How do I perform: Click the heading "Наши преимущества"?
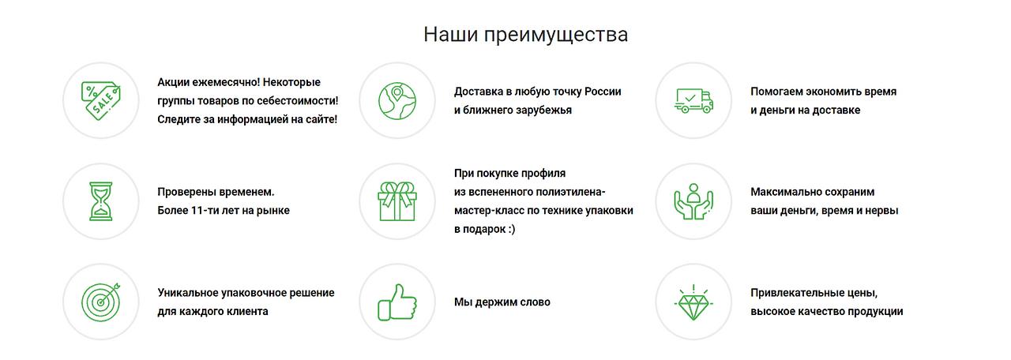pyautogui.click(x=525, y=35)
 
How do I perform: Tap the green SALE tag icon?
pyautogui.click(x=100, y=100)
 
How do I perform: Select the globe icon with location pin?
pyautogui.click(x=397, y=100)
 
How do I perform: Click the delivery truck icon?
pyautogui.click(x=693, y=100)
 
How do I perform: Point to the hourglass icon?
pyautogui.click(x=100, y=201)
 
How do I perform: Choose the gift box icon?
pyautogui.click(x=397, y=201)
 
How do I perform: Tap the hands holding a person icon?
pyautogui.click(x=693, y=201)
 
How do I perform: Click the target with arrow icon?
pyautogui.click(x=100, y=302)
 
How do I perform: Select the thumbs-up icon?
pyautogui.click(x=397, y=302)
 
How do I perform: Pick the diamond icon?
pyautogui.click(x=693, y=302)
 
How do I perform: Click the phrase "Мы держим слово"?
pyautogui.click(x=502, y=302)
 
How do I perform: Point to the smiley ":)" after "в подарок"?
pyautogui.click(x=510, y=229)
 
